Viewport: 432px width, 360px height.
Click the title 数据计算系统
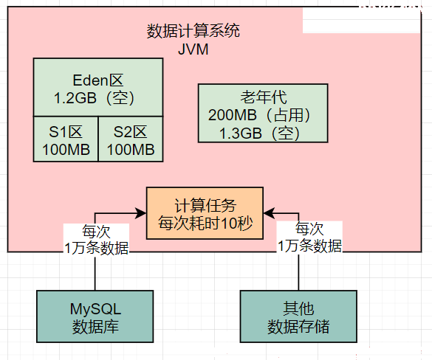point(193,30)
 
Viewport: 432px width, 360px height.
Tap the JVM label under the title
point(193,49)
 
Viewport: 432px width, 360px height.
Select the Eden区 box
point(98,87)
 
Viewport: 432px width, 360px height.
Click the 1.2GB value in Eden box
point(75,98)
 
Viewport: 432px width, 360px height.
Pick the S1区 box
point(66,139)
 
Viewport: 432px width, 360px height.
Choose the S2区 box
point(131,139)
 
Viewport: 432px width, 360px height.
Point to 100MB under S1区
point(66,150)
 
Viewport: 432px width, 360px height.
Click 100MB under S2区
point(131,150)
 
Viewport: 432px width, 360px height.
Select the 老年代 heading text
point(264,97)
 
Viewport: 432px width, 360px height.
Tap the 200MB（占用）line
point(259,115)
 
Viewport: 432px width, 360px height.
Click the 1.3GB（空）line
point(259,134)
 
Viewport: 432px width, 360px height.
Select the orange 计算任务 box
point(205,213)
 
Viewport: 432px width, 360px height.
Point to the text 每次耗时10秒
point(205,223)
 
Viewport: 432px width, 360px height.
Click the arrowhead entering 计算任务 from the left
point(141,212)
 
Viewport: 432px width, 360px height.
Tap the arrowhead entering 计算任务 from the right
point(269,212)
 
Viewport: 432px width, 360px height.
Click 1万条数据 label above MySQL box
point(96,248)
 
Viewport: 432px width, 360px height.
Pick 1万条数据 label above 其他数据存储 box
point(309,246)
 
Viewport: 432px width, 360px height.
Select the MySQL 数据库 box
point(95,316)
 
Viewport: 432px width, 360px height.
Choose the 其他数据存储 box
point(298,316)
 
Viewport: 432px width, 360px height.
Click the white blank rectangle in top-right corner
point(361,21)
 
